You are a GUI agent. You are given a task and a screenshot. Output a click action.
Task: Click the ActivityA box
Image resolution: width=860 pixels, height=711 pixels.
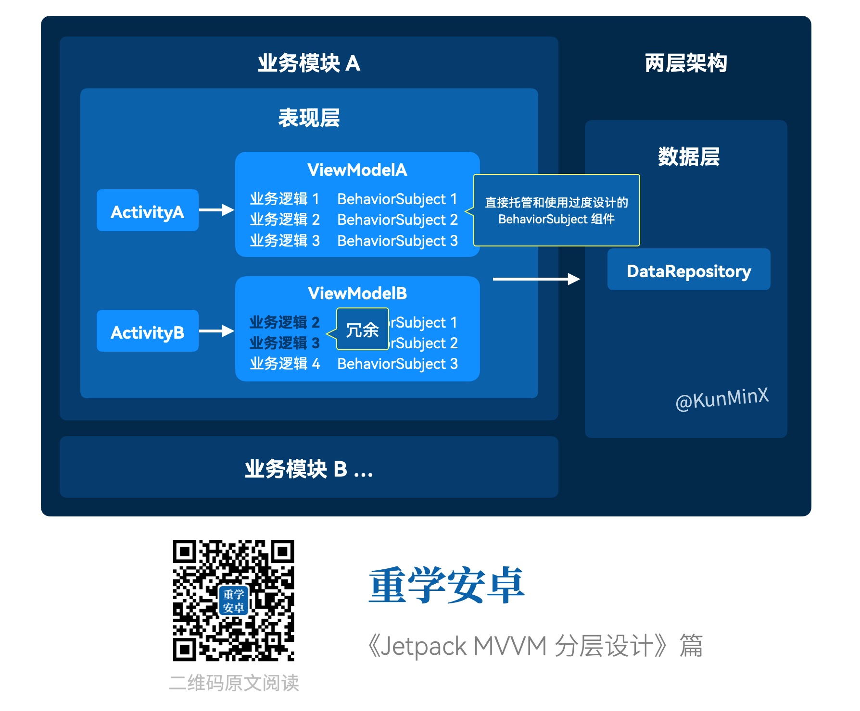point(147,210)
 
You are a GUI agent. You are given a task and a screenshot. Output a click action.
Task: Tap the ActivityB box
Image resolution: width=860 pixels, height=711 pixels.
point(147,331)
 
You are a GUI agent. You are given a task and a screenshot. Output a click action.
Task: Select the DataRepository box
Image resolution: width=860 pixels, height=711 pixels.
point(688,270)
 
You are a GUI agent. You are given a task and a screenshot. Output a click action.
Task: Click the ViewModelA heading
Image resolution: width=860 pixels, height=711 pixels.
point(357,170)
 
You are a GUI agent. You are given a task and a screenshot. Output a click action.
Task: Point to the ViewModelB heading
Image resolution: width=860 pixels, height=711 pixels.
point(357,294)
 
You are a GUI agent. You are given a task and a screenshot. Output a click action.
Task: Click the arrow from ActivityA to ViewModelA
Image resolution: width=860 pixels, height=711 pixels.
point(216,210)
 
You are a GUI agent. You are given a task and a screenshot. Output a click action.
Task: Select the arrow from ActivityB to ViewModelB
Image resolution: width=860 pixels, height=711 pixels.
point(216,331)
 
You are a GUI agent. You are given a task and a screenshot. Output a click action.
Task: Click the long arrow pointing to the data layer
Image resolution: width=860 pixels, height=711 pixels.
point(536,279)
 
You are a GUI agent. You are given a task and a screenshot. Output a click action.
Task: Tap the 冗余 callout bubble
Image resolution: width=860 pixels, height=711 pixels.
point(362,330)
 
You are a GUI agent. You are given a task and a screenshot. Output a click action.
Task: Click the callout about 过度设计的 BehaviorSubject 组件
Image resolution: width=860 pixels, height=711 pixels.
point(556,210)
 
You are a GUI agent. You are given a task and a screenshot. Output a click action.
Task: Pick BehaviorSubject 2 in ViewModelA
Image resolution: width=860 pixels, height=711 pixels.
point(397,220)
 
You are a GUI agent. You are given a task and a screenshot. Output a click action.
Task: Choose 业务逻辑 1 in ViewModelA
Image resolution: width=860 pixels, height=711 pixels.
point(284,199)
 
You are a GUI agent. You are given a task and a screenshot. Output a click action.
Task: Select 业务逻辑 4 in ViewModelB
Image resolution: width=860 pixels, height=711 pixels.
point(284,364)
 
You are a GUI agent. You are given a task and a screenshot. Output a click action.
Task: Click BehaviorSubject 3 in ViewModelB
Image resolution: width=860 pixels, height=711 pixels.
point(397,364)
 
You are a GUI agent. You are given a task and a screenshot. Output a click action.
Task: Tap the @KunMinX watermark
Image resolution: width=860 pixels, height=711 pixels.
point(721,399)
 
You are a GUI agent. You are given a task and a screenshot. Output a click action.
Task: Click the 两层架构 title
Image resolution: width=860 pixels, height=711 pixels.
point(685,63)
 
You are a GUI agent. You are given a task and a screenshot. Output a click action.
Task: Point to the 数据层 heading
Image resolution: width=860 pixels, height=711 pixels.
point(688,157)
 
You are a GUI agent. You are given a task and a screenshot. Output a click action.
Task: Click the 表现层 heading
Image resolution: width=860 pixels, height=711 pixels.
point(309,118)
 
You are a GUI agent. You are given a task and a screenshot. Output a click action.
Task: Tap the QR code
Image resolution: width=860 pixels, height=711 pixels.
point(233,600)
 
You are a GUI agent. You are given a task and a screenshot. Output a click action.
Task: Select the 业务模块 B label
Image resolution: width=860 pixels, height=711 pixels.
point(308,468)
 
